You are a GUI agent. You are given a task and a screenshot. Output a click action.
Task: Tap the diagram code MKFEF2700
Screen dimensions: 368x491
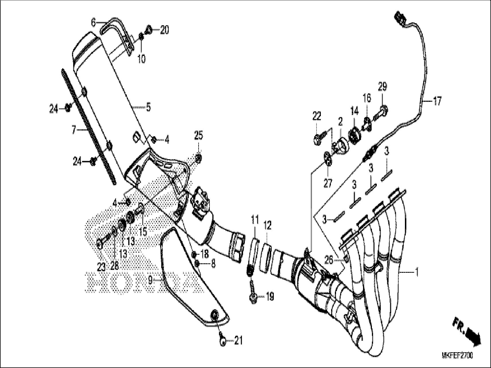(457, 356)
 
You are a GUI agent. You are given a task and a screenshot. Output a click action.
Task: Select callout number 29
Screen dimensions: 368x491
(383, 87)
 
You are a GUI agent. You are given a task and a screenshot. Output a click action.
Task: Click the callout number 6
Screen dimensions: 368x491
(93, 22)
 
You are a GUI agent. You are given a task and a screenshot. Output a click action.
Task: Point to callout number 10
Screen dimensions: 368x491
(141, 59)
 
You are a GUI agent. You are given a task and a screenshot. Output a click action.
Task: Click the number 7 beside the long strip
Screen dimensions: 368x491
(74, 131)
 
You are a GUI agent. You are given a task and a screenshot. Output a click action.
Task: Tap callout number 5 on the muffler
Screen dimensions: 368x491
(148, 107)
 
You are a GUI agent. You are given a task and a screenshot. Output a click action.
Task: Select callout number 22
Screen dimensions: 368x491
(317, 116)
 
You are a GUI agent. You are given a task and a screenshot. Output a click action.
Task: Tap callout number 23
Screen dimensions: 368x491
(101, 267)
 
